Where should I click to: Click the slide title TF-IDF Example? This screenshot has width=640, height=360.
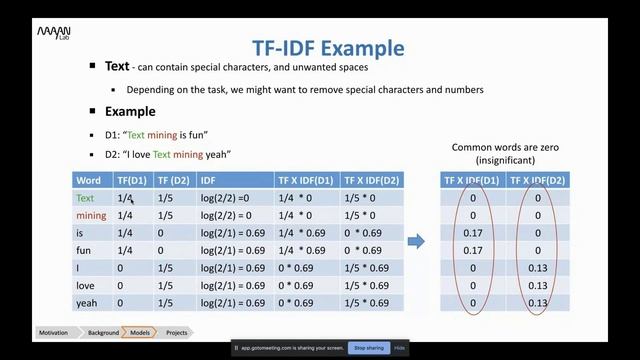(325, 48)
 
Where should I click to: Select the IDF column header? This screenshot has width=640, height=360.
(208, 180)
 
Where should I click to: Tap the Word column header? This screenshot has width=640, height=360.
(89, 180)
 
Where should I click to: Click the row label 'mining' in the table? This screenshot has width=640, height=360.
(91, 216)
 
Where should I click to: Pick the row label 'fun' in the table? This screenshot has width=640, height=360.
(86, 250)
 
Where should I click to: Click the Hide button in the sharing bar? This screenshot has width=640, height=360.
(399, 348)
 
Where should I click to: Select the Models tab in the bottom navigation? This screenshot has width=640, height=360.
(139, 332)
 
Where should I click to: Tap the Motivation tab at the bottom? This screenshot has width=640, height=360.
(54, 332)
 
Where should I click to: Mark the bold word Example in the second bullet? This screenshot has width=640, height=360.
(130, 112)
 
